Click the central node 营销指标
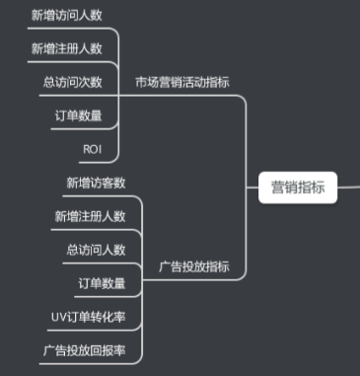pos(298,185)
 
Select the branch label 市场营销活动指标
pos(188,81)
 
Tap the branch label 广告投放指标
pos(194,266)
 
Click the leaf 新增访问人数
pos(66,17)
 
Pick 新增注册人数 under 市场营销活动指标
pos(66,49)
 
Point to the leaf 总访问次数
pos(72,82)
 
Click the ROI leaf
pos(93,148)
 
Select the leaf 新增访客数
pos(96,183)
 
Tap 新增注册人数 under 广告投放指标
pos(90,216)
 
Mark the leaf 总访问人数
pos(96,250)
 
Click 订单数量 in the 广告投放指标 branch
pos(102,283)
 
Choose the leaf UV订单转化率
pos(90,317)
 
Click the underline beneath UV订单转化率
pos(90,330)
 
